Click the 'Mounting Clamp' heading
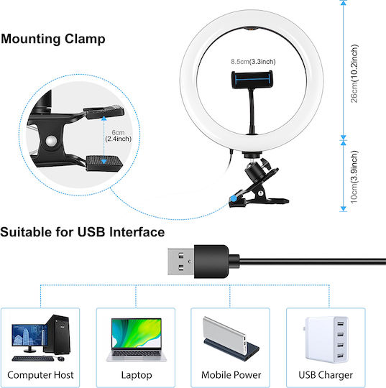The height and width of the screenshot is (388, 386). click(53, 39)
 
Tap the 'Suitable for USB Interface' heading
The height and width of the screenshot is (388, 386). click(83, 232)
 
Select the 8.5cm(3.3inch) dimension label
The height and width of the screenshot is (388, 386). click(253, 61)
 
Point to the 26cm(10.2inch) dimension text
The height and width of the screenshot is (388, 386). click(354, 73)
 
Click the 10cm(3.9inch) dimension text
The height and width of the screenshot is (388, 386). click(354, 177)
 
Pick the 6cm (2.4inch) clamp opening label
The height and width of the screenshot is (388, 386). click(118, 136)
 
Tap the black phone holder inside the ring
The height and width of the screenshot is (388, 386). click(252, 80)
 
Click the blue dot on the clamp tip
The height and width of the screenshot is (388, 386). click(233, 198)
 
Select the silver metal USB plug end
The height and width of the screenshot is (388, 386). click(180, 262)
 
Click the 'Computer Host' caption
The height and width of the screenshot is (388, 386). click(40, 375)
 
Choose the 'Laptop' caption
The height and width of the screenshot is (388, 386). click(137, 375)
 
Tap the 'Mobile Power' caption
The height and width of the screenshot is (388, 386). click(231, 375)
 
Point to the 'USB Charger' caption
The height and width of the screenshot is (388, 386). click(326, 375)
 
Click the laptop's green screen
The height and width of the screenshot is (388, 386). click(137, 333)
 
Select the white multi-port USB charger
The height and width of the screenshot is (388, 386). click(326, 339)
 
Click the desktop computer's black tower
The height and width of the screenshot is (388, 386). click(58, 334)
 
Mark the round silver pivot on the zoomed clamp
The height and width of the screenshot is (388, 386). click(51, 141)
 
